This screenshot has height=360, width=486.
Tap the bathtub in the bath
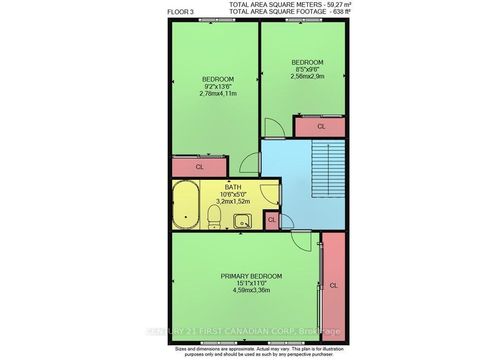[x=185, y=206]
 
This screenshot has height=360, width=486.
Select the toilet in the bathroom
[x=214, y=216]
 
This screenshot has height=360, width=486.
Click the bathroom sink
[x=243, y=221]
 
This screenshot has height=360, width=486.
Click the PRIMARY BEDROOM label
[x=251, y=276]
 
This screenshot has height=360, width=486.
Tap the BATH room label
[x=233, y=187]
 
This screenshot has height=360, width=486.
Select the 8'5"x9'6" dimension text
[x=307, y=69]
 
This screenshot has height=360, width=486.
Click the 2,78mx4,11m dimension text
[x=218, y=94]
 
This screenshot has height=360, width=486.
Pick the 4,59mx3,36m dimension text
[x=251, y=291]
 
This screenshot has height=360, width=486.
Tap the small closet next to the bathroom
[x=272, y=220]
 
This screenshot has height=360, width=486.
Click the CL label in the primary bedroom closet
[x=333, y=286]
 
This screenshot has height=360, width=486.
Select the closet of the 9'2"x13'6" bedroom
[x=199, y=167]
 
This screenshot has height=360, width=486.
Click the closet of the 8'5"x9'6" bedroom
[x=320, y=127]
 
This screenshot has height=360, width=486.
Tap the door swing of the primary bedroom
[x=301, y=240]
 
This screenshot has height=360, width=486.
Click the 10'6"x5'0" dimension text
[x=233, y=194]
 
